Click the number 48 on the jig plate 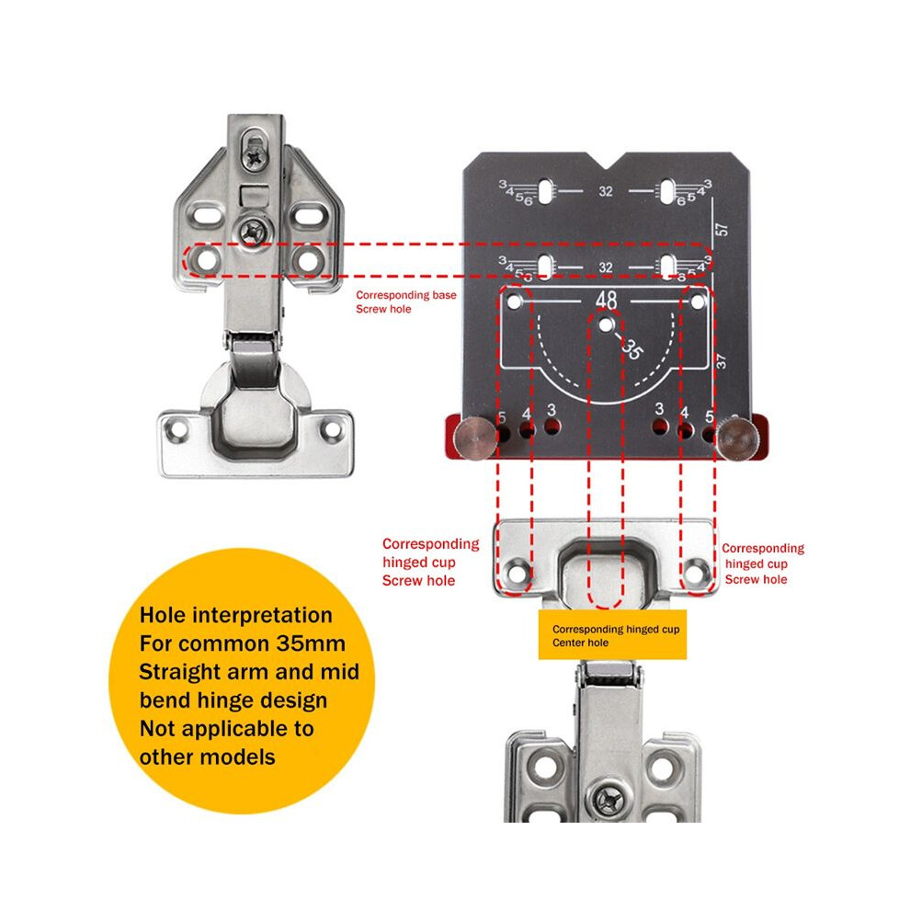tap(606, 300)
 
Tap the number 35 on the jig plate tap(632, 349)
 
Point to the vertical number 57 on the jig tap(722, 229)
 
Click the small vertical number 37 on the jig tap(721, 361)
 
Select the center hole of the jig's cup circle tap(606, 325)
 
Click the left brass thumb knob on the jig tap(474, 438)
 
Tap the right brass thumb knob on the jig tap(737, 438)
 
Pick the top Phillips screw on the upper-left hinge tap(255, 156)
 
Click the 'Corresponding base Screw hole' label tap(405, 301)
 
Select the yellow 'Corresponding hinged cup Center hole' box tap(612, 634)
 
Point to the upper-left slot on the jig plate tap(545, 191)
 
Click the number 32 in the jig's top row tap(606, 191)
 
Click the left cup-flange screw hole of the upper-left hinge tap(176, 430)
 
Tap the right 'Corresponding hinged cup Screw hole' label tap(763, 563)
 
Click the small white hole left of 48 tap(514, 301)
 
